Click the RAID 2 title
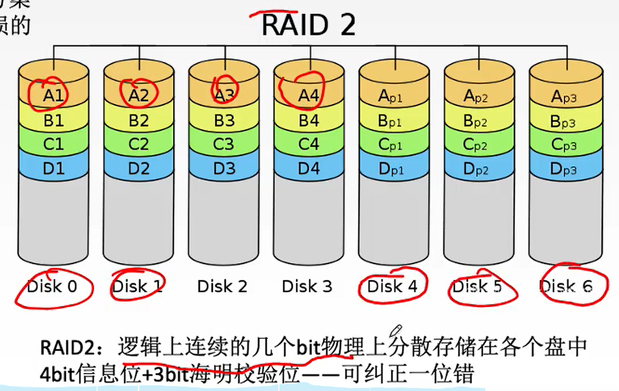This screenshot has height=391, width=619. tap(308, 25)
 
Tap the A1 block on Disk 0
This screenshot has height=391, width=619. tap(54, 96)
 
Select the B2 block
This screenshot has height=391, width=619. tap(138, 120)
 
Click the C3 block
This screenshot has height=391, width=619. tap(223, 144)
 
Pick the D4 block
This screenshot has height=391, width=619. tap(308, 168)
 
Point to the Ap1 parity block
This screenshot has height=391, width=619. tap(394, 96)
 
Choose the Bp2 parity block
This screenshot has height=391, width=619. tap(479, 120)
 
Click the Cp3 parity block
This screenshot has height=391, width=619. tap(564, 145)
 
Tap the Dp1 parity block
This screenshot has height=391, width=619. tap(394, 169)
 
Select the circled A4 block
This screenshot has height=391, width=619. tap(308, 96)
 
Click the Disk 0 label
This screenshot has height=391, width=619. tap(53, 286)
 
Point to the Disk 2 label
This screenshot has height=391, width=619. tap(222, 286)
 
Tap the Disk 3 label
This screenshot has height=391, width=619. tap(307, 286)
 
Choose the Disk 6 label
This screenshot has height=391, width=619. tap(566, 286)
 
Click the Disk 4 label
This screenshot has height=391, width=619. tap(393, 286)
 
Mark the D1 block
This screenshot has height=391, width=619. tap(54, 168)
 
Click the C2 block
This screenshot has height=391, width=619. tap(138, 144)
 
